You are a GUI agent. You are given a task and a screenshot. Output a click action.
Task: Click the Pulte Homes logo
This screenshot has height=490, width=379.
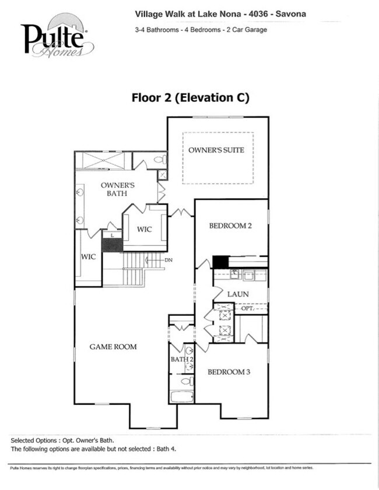click(x=55, y=40)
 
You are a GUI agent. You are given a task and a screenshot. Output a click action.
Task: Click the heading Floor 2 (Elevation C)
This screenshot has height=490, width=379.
click(x=191, y=98)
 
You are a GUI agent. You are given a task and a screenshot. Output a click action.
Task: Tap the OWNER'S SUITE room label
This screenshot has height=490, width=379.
click(x=216, y=150)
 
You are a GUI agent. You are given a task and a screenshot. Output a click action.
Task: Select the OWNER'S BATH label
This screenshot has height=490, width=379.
click(x=118, y=189)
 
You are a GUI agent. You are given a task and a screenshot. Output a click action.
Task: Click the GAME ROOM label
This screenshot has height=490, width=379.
click(x=113, y=347)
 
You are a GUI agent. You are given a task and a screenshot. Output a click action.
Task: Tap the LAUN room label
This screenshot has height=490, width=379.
click(x=238, y=294)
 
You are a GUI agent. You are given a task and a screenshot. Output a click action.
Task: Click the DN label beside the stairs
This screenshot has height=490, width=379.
click(x=169, y=260)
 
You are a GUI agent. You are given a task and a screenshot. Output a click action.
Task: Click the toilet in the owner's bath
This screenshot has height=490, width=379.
click(x=159, y=159)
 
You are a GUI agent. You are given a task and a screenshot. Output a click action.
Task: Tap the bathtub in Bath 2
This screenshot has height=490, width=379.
click(x=181, y=397)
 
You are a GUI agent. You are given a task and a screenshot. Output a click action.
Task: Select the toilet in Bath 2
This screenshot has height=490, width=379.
click(x=186, y=381)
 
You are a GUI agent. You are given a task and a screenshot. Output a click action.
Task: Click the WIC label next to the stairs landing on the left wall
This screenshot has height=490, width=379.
click(x=88, y=256)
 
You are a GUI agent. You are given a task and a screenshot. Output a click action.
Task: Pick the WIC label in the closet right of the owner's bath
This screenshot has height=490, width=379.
click(x=145, y=229)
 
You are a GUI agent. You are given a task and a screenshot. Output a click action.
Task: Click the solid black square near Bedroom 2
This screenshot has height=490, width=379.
click(x=220, y=262)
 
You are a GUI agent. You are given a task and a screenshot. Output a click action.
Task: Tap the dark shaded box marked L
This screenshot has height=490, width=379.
click(x=112, y=242)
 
